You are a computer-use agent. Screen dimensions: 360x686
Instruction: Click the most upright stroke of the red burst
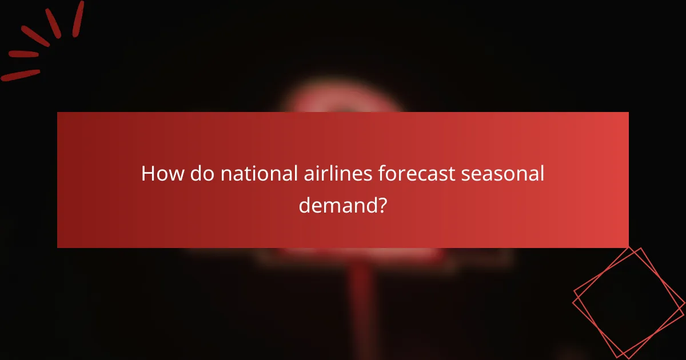click(x=78, y=18)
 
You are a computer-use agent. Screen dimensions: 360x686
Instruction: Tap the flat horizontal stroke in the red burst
click(x=23, y=55)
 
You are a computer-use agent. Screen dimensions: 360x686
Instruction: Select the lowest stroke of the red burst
click(x=21, y=75)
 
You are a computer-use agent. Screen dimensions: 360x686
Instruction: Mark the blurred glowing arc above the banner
click(x=343, y=100)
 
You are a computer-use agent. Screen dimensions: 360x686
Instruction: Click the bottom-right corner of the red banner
click(x=627, y=246)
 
